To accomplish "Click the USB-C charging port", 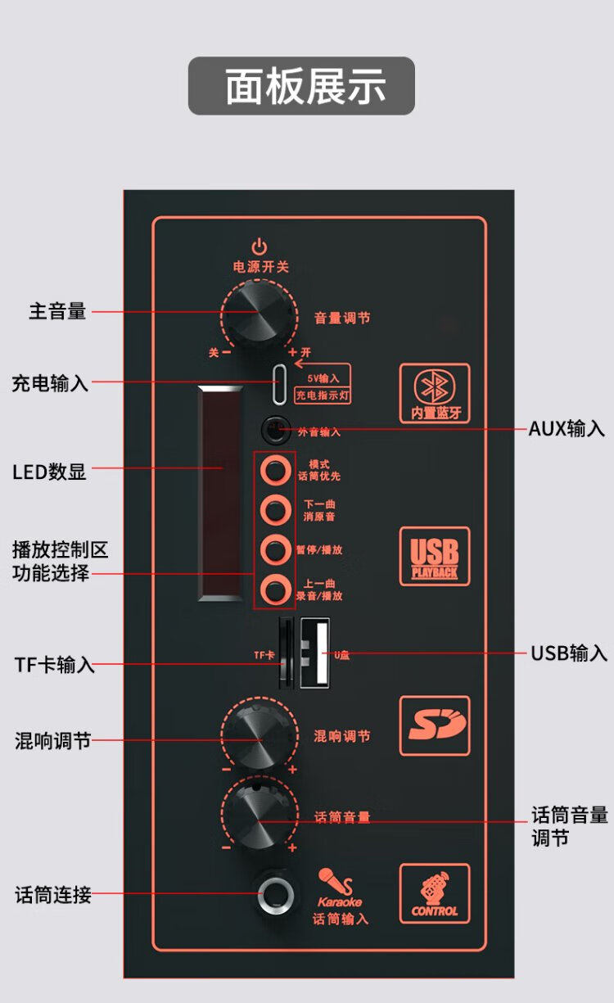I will (281, 382).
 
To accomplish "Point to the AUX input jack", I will (275, 429).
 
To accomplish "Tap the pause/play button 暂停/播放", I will (275, 549).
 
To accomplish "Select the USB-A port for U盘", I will (315, 653).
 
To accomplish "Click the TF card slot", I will (285, 653).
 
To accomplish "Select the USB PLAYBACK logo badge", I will (435, 556).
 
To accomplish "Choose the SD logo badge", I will (435, 725).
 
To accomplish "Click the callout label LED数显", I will (49, 472).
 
